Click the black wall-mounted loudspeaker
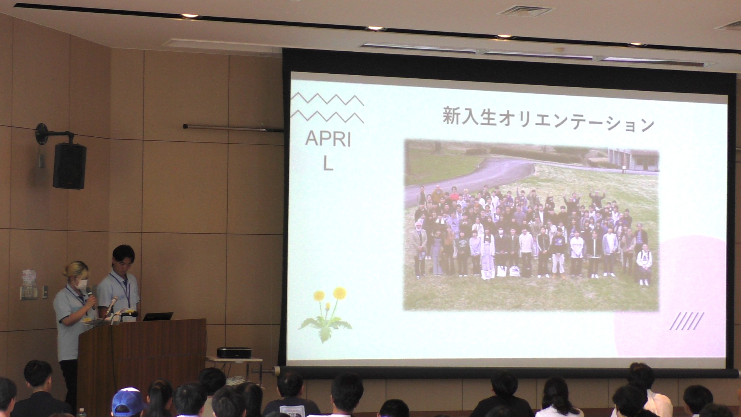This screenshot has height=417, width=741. coord(69,166)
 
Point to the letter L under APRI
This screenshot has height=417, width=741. coord(328,164)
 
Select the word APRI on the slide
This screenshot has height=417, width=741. coord(328,139)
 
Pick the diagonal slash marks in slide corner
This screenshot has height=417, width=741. coord(687,321)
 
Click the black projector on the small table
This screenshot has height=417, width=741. coord(234,353)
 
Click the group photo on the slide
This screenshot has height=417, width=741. coord(531,225)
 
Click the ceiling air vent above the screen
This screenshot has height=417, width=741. coord(525,11)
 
